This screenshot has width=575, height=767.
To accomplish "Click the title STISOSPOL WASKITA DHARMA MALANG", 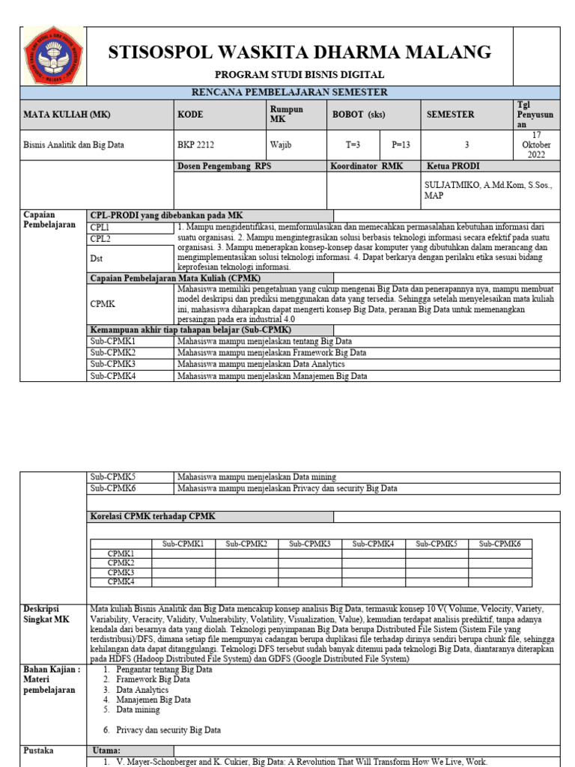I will point(300,52).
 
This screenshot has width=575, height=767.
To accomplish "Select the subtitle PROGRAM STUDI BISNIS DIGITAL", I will point(299,75).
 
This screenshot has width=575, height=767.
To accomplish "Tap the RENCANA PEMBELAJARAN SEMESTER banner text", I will point(299,93).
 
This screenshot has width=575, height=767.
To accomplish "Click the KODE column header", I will point(190,115).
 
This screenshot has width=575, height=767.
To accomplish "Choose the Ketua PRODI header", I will point(453,166).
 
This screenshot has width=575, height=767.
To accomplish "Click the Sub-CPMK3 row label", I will point(112,364).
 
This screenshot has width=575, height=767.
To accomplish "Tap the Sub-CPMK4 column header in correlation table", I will point(374,544).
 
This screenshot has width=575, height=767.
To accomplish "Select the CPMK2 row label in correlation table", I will point(121,563).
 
